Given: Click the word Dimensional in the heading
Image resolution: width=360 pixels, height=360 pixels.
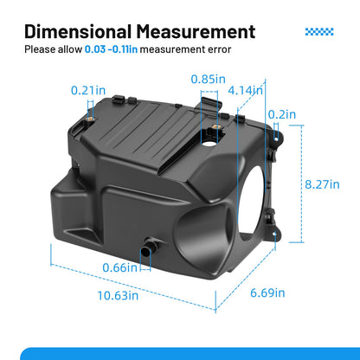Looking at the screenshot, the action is (x=78, y=31).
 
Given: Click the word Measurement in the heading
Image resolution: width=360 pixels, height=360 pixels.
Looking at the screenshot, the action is (x=196, y=31).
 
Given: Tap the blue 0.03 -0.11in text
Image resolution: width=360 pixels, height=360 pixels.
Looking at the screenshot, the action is (x=111, y=49).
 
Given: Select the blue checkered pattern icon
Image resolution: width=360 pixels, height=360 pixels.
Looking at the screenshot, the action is (x=319, y=32).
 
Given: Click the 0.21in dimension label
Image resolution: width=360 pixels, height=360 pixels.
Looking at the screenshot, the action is (x=88, y=91).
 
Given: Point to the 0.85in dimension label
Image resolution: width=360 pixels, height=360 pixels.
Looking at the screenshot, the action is (x=209, y=79).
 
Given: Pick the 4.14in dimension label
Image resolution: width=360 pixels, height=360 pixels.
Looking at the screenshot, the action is (x=245, y=91).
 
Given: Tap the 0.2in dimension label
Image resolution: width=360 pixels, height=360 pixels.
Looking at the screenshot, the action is (x=282, y=114).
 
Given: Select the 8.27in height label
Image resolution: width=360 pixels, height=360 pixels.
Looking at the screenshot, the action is (x=322, y=184).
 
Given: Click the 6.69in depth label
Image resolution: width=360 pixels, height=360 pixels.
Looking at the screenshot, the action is (x=267, y=292).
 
